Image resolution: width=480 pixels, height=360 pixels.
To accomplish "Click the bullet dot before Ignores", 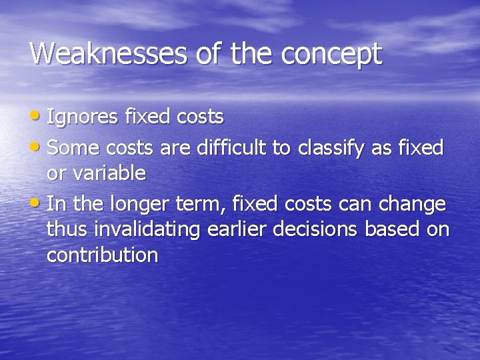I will pyautogui.click(x=37, y=116).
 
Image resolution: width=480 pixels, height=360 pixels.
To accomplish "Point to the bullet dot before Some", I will pyautogui.click(x=37, y=146).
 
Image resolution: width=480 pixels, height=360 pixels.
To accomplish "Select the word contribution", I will pyautogui.click(x=102, y=255).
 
